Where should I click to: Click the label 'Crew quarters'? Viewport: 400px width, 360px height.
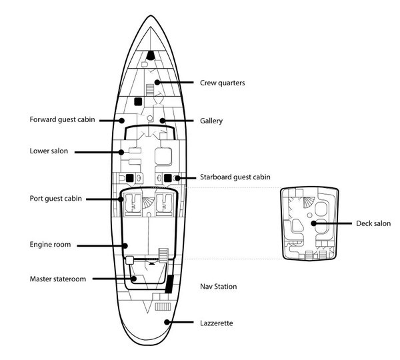[223, 83]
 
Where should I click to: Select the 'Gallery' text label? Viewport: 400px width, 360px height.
[211, 121]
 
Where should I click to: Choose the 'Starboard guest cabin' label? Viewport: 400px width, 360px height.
[235, 177]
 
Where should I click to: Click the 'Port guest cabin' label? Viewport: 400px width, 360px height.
[57, 199]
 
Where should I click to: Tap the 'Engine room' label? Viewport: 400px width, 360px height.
[51, 245]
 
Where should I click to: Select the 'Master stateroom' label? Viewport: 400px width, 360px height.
[58, 279]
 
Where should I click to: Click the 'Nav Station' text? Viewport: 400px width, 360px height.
[219, 287]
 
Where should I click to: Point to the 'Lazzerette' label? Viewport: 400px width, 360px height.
[217, 323]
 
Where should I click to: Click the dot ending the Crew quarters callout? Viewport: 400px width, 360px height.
[157, 83]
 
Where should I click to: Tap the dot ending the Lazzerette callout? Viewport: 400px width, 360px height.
[167, 323]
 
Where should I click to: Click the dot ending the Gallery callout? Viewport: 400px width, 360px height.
[161, 121]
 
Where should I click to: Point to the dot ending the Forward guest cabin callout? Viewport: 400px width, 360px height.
[121, 121]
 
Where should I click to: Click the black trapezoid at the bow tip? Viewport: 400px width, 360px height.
[152, 55]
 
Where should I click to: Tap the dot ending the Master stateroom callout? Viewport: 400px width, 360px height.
[135, 279]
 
